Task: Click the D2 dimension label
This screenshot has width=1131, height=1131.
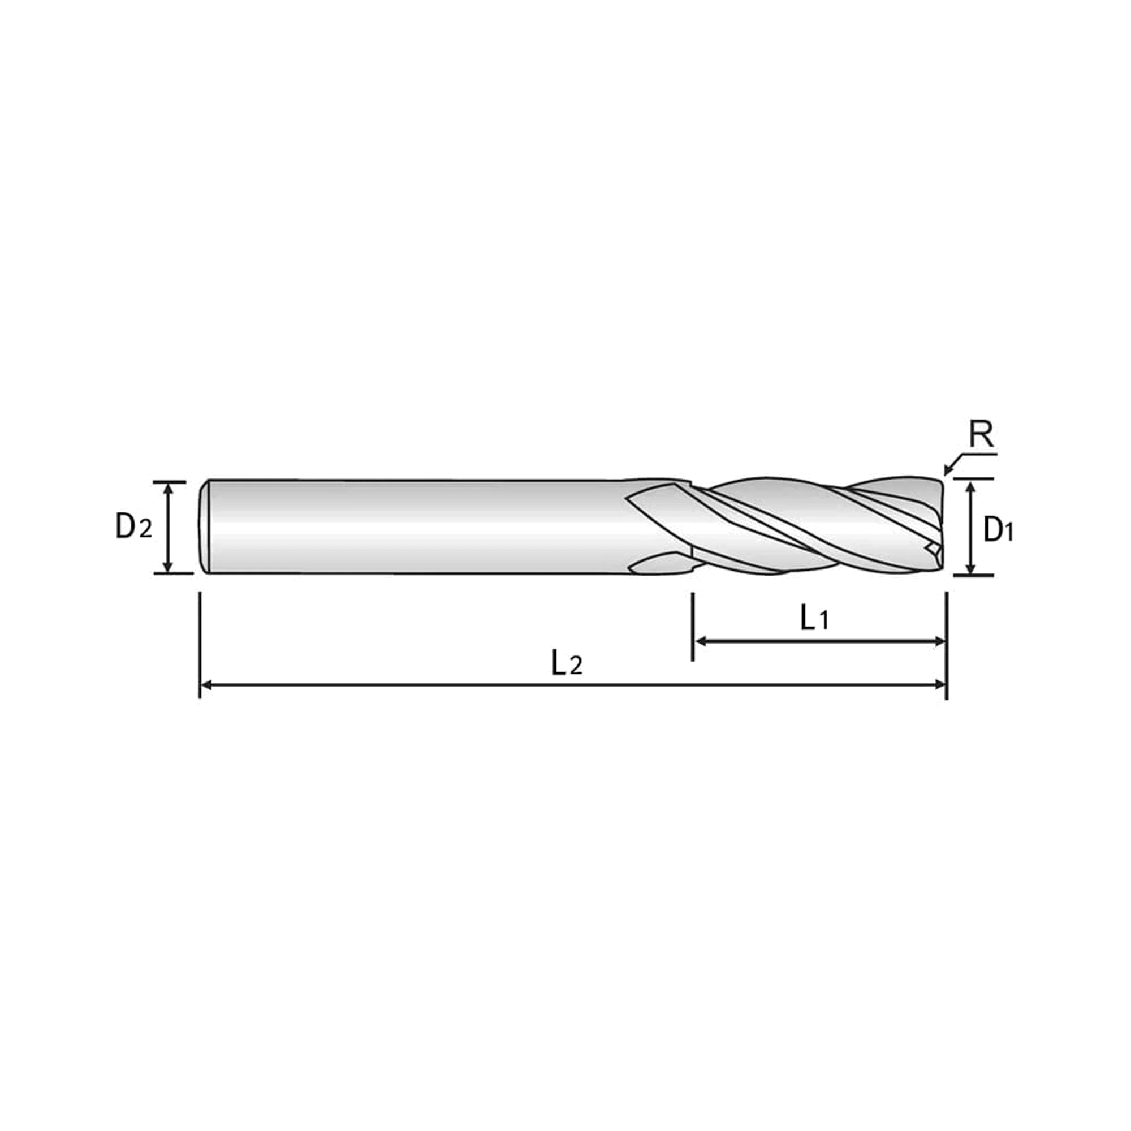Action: tap(133, 527)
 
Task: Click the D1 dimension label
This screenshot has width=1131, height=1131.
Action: tap(998, 530)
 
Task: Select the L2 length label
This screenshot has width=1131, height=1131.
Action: tap(567, 663)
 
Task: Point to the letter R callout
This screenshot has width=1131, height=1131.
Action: tap(981, 434)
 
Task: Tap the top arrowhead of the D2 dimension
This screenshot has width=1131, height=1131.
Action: tap(169, 488)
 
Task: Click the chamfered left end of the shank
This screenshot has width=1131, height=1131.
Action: tap(204, 527)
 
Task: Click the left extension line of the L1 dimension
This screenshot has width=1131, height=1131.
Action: tap(693, 627)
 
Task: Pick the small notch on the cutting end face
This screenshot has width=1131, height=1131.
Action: tap(933, 548)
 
